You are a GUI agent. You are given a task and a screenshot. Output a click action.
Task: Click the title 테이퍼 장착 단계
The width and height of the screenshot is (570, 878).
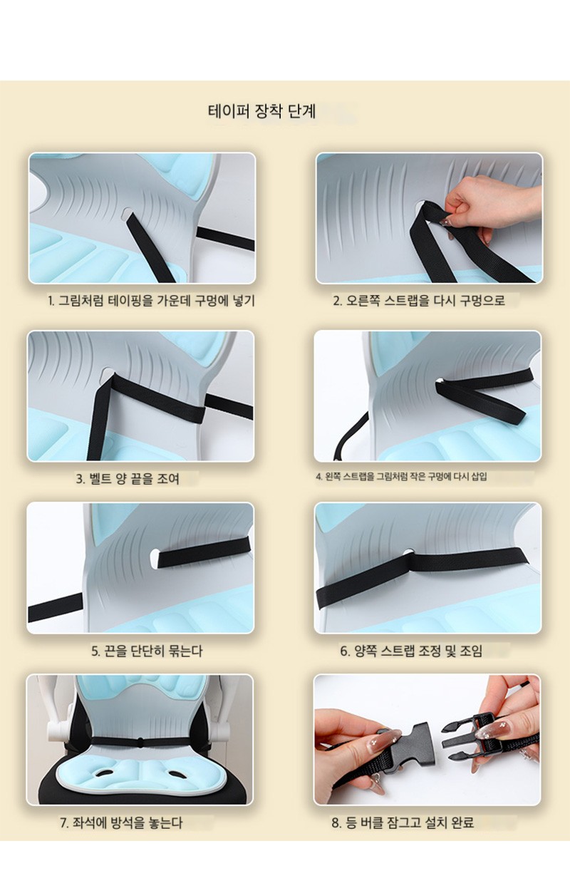(x=261, y=111)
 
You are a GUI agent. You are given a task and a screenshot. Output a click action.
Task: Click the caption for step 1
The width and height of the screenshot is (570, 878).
(x=151, y=301)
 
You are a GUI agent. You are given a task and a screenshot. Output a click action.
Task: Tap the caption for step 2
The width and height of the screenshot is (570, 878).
(x=419, y=301)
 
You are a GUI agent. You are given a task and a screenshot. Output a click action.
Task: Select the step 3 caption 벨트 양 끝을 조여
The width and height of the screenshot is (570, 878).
(x=128, y=478)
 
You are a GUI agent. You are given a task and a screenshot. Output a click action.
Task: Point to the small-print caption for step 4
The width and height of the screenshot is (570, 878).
(x=402, y=477)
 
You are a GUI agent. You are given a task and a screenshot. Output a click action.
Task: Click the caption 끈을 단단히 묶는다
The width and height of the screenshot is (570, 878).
(x=147, y=651)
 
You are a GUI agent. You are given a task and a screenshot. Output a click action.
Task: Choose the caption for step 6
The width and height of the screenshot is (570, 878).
(x=411, y=651)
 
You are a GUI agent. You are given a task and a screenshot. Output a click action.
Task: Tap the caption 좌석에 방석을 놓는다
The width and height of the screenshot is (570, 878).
(x=121, y=822)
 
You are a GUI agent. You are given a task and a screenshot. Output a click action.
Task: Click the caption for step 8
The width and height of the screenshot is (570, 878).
(x=403, y=822)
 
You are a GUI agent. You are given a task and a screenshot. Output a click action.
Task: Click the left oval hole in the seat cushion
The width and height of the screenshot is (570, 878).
(x=105, y=773)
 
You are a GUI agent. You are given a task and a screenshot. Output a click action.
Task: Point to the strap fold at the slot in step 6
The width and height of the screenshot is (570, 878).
(x=410, y=554)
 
